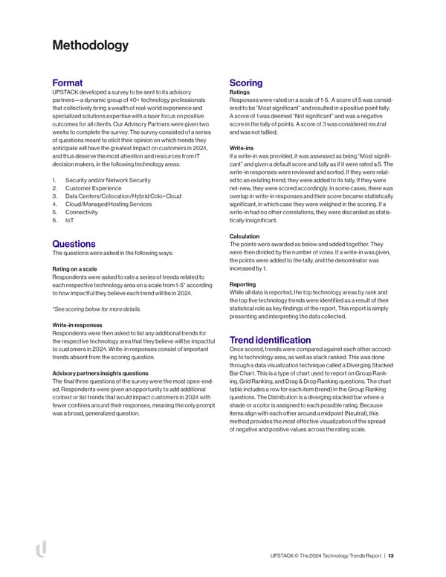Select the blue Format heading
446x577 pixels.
pos(67,82)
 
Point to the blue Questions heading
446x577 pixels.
pos(74,244)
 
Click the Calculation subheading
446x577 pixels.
pos(248,236)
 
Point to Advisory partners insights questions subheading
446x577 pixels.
pos(105,372)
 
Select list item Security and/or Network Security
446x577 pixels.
pos(108,180)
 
